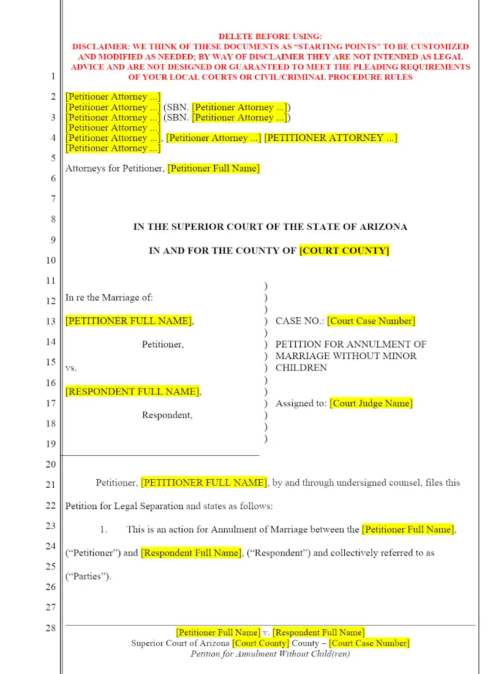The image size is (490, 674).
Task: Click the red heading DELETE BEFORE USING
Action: point(270,37)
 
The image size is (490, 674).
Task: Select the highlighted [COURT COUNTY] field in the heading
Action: point(344,251)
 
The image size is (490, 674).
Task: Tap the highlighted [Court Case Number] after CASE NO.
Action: point(371,321)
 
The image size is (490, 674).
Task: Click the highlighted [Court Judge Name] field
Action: point(371,403)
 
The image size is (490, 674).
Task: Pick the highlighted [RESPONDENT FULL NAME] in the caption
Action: point(132,392)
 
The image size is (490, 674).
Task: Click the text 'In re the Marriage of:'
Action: point(109,298)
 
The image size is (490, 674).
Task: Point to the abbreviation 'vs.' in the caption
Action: point(71,368)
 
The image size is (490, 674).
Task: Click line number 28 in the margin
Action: point(51,627)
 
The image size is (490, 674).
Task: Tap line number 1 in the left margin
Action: point(53,77)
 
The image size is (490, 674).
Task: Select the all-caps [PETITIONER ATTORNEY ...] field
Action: point(331,138)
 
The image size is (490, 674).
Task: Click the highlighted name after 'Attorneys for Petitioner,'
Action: point(213,168)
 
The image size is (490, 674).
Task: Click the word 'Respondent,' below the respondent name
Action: point(167,415)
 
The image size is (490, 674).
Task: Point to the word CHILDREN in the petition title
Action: point(301,368)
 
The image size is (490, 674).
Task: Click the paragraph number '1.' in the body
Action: point(104,529)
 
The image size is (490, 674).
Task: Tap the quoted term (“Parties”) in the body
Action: point(89,576)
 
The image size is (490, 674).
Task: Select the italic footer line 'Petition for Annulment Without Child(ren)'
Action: point(270,654)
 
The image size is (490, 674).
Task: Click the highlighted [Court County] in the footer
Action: point(260,643)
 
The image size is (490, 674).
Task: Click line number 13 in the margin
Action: point(51,322)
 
